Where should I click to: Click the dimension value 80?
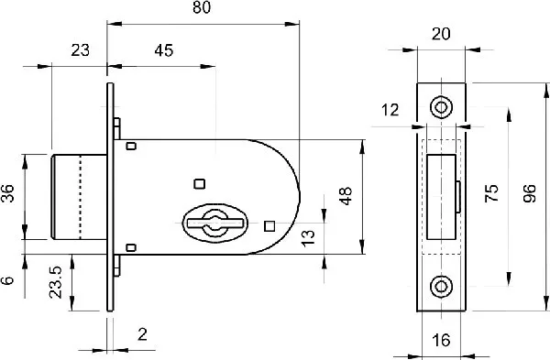tap(202, 7)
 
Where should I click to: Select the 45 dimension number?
tap(164, 50)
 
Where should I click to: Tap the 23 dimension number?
tap(81, 50)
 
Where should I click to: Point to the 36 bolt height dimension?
tap(7, 193)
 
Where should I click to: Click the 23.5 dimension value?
tap(55, 282)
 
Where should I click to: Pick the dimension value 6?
tap(7, 280)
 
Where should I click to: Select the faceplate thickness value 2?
tap(142, 334)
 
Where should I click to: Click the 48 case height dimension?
tap(346, 196)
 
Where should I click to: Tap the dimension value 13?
tap(309, 238)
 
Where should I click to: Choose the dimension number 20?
tap(441, 34)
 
